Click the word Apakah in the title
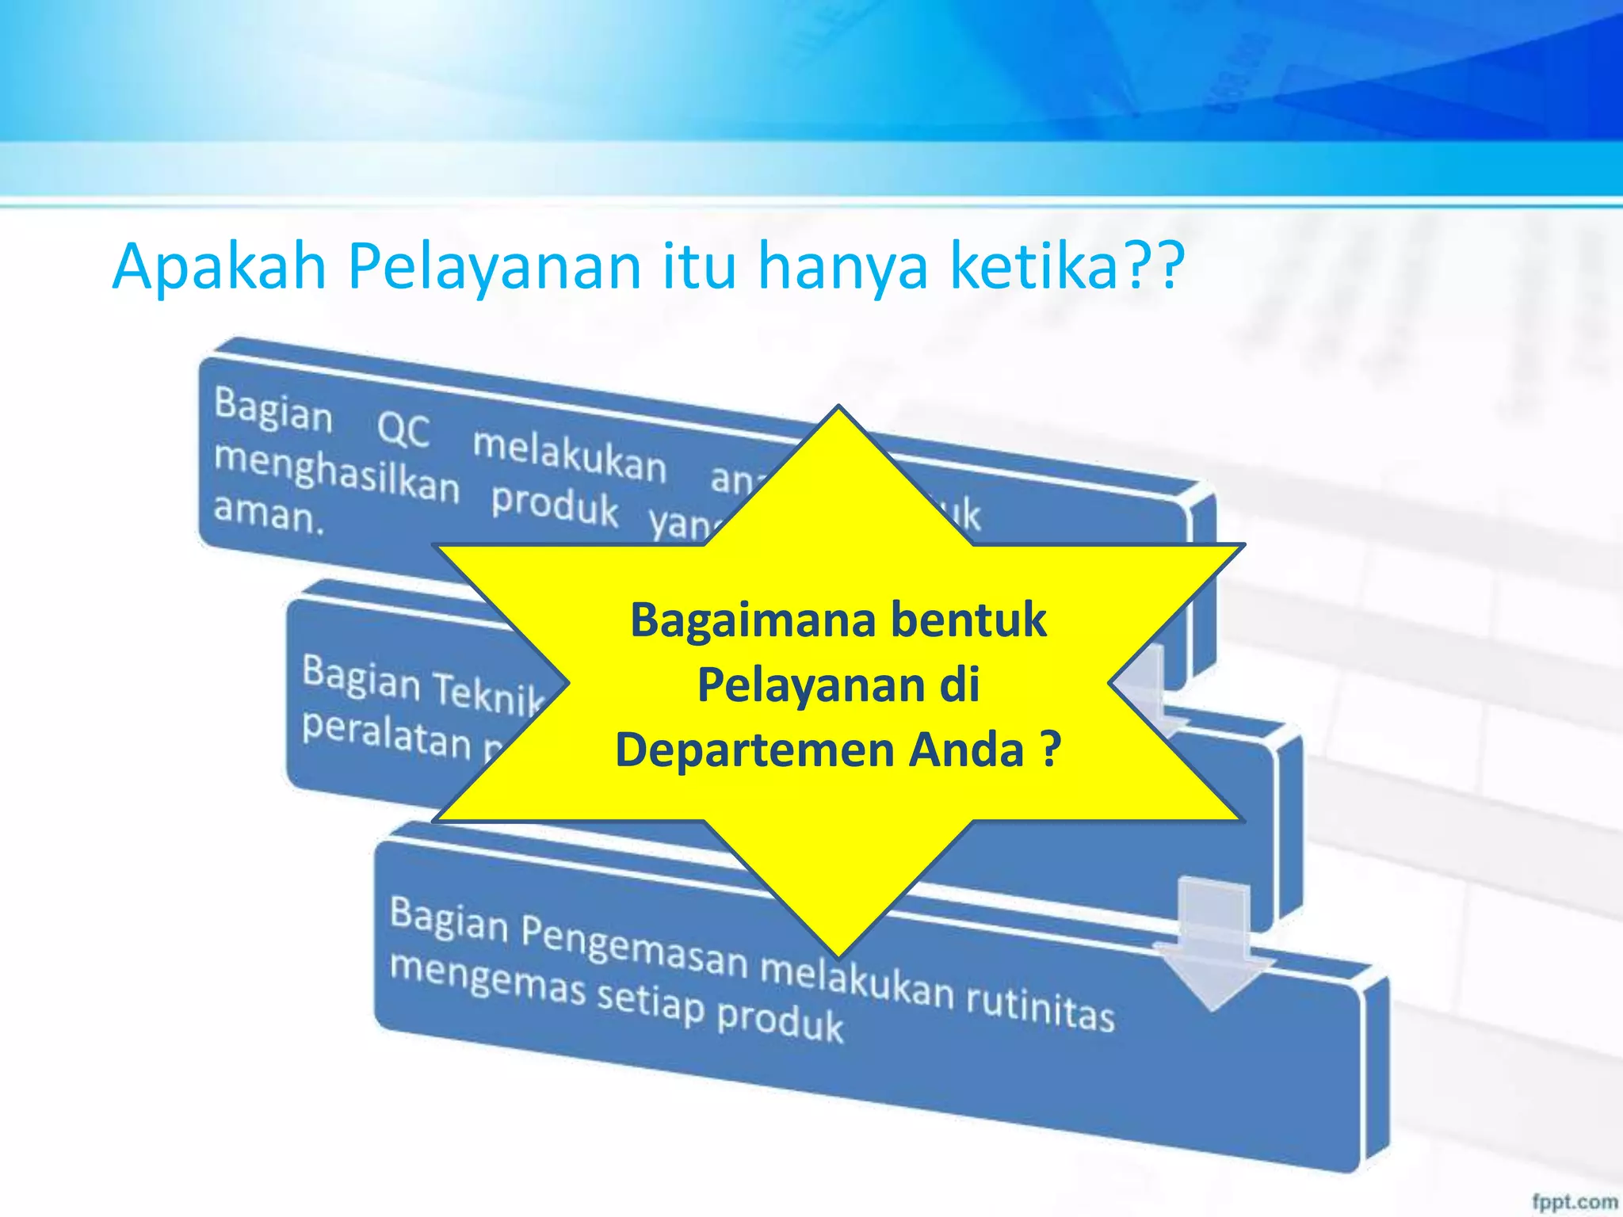coord(220,268)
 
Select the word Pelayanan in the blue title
coord(494,268)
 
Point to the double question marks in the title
coord(1153,266)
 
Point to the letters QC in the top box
coord(403,429)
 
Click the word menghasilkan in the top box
coord(337,472)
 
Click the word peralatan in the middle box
coord(386,734)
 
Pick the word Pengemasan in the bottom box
coord(634,945)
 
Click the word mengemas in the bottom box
coord(487,979)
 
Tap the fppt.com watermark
coord(1574,1201)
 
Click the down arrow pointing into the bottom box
coord(1212,951)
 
